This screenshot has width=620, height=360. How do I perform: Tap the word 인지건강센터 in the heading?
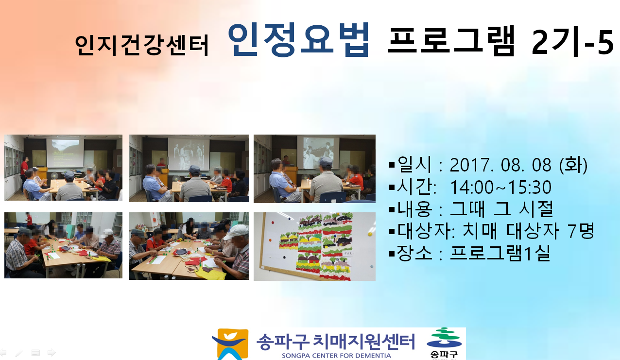coord(141,46)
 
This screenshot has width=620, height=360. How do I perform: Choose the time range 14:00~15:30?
coord(500,188)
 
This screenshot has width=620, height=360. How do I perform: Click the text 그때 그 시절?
coord(501,209)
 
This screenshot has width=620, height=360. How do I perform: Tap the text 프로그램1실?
coord(500,253)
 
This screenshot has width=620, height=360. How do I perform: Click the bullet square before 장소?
coord(392,254)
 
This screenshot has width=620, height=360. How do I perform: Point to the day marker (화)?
coord(573,165)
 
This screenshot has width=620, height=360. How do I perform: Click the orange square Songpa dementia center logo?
coord(230,344)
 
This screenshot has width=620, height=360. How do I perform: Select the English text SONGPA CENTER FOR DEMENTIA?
coord(336,356)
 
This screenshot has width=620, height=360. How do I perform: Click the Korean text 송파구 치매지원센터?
coord(335,342)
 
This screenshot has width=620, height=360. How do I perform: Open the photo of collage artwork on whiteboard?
coord(314,246)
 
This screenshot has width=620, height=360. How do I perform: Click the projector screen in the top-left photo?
coord(65,153)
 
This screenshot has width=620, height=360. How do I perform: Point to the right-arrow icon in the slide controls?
coord(52,353)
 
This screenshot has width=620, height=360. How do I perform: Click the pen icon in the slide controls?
coord(19,353)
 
